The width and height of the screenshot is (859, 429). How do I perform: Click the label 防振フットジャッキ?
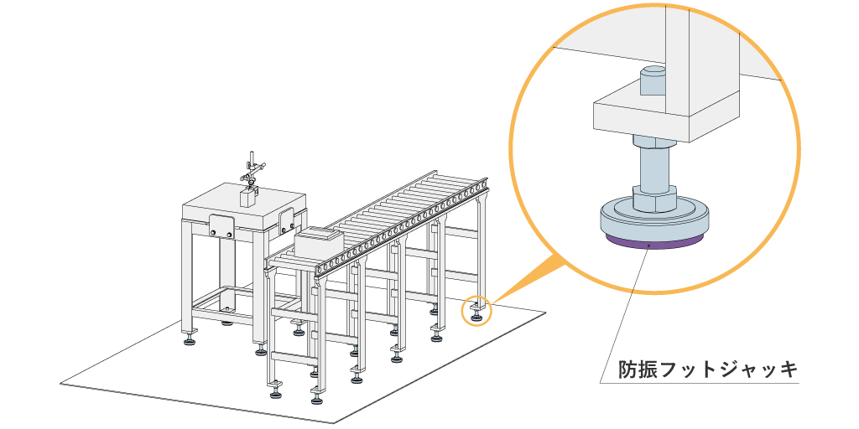coord(706,369)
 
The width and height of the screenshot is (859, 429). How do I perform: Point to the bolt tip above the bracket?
coord(652,81)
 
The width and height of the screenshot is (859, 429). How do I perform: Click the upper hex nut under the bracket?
coord(652,142)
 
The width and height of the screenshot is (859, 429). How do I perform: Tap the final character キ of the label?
coord(786,369)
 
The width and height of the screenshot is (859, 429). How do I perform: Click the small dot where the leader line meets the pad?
coord(648,246)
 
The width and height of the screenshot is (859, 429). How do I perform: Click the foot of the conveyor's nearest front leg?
coord(275,390)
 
